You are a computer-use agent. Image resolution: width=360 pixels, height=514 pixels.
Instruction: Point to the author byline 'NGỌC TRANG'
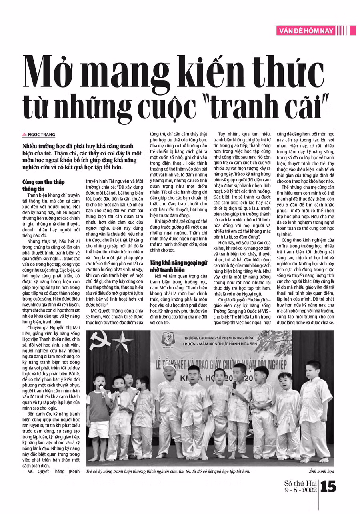click(x=42, y=135)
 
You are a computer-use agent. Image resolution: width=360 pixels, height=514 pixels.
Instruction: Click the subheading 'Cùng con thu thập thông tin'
click(x=44, y=185)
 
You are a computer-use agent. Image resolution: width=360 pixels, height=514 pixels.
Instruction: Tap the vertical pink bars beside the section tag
click(x=342, y=30)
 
